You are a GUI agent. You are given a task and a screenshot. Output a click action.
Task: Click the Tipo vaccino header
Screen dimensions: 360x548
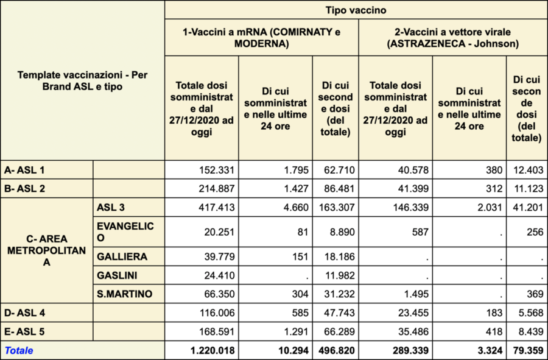pos(356,10)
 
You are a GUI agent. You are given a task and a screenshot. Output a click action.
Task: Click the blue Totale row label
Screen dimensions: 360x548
pos(19,350)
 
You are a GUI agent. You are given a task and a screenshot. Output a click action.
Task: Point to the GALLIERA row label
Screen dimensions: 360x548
pos(122,256)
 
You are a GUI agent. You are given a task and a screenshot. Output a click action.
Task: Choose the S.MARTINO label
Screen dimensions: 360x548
pos(124,294)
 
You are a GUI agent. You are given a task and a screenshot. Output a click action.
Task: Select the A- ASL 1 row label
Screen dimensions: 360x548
pos(25,169)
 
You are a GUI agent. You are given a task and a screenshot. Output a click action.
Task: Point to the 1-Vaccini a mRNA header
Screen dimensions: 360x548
pos(261,37)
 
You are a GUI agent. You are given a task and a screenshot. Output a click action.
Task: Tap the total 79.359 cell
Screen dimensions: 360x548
pos(525,350)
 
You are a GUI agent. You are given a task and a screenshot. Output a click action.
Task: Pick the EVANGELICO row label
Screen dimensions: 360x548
pos(125,231)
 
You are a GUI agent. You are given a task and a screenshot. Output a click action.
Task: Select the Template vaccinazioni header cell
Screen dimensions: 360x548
pos(82,80)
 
